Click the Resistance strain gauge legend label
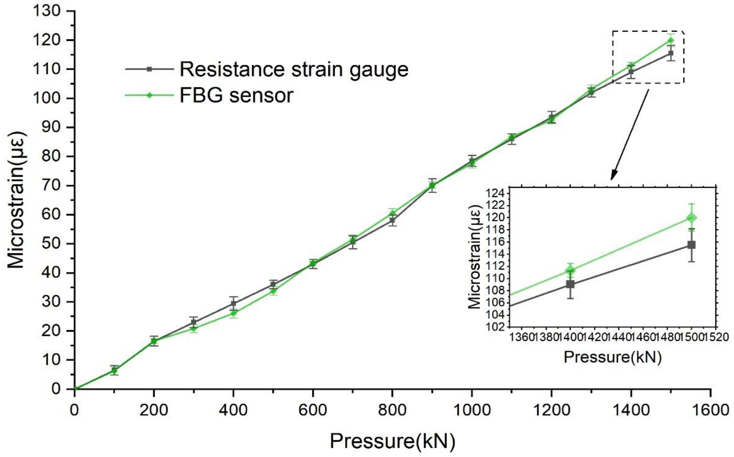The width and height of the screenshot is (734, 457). click(x=294, y=69)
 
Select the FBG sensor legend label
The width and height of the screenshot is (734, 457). click(x=236, y=95)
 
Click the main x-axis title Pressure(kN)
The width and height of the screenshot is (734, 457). click(x=392, y=441)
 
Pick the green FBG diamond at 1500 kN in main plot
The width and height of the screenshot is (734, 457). click(x=671, y=40)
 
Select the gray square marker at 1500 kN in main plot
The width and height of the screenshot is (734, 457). click(x=671, y=53)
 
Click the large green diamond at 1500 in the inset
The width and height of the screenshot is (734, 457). click(x=691, y=218)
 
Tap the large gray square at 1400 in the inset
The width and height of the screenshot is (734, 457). click(x=570, y=284)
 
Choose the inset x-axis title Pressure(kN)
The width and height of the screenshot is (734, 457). click(x=612, y=357)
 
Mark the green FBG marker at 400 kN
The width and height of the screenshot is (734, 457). click(x=233, y=313)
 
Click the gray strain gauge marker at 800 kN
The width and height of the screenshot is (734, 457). click(x=392, y=220)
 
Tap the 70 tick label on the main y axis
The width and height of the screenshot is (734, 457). click(x=51, y=186)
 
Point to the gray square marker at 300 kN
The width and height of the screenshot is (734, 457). click(x=194, y=322)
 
